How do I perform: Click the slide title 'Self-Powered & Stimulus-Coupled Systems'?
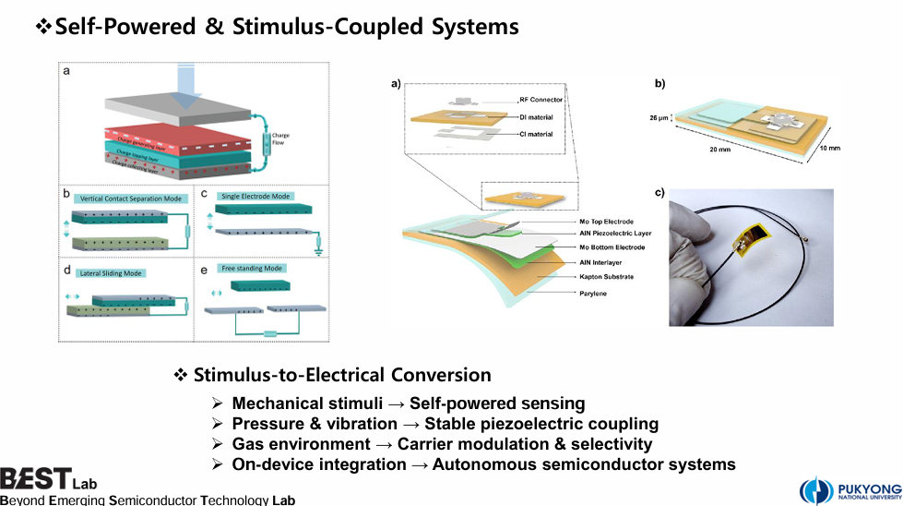286,27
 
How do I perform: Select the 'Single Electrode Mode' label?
255,196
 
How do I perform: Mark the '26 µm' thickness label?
659,118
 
